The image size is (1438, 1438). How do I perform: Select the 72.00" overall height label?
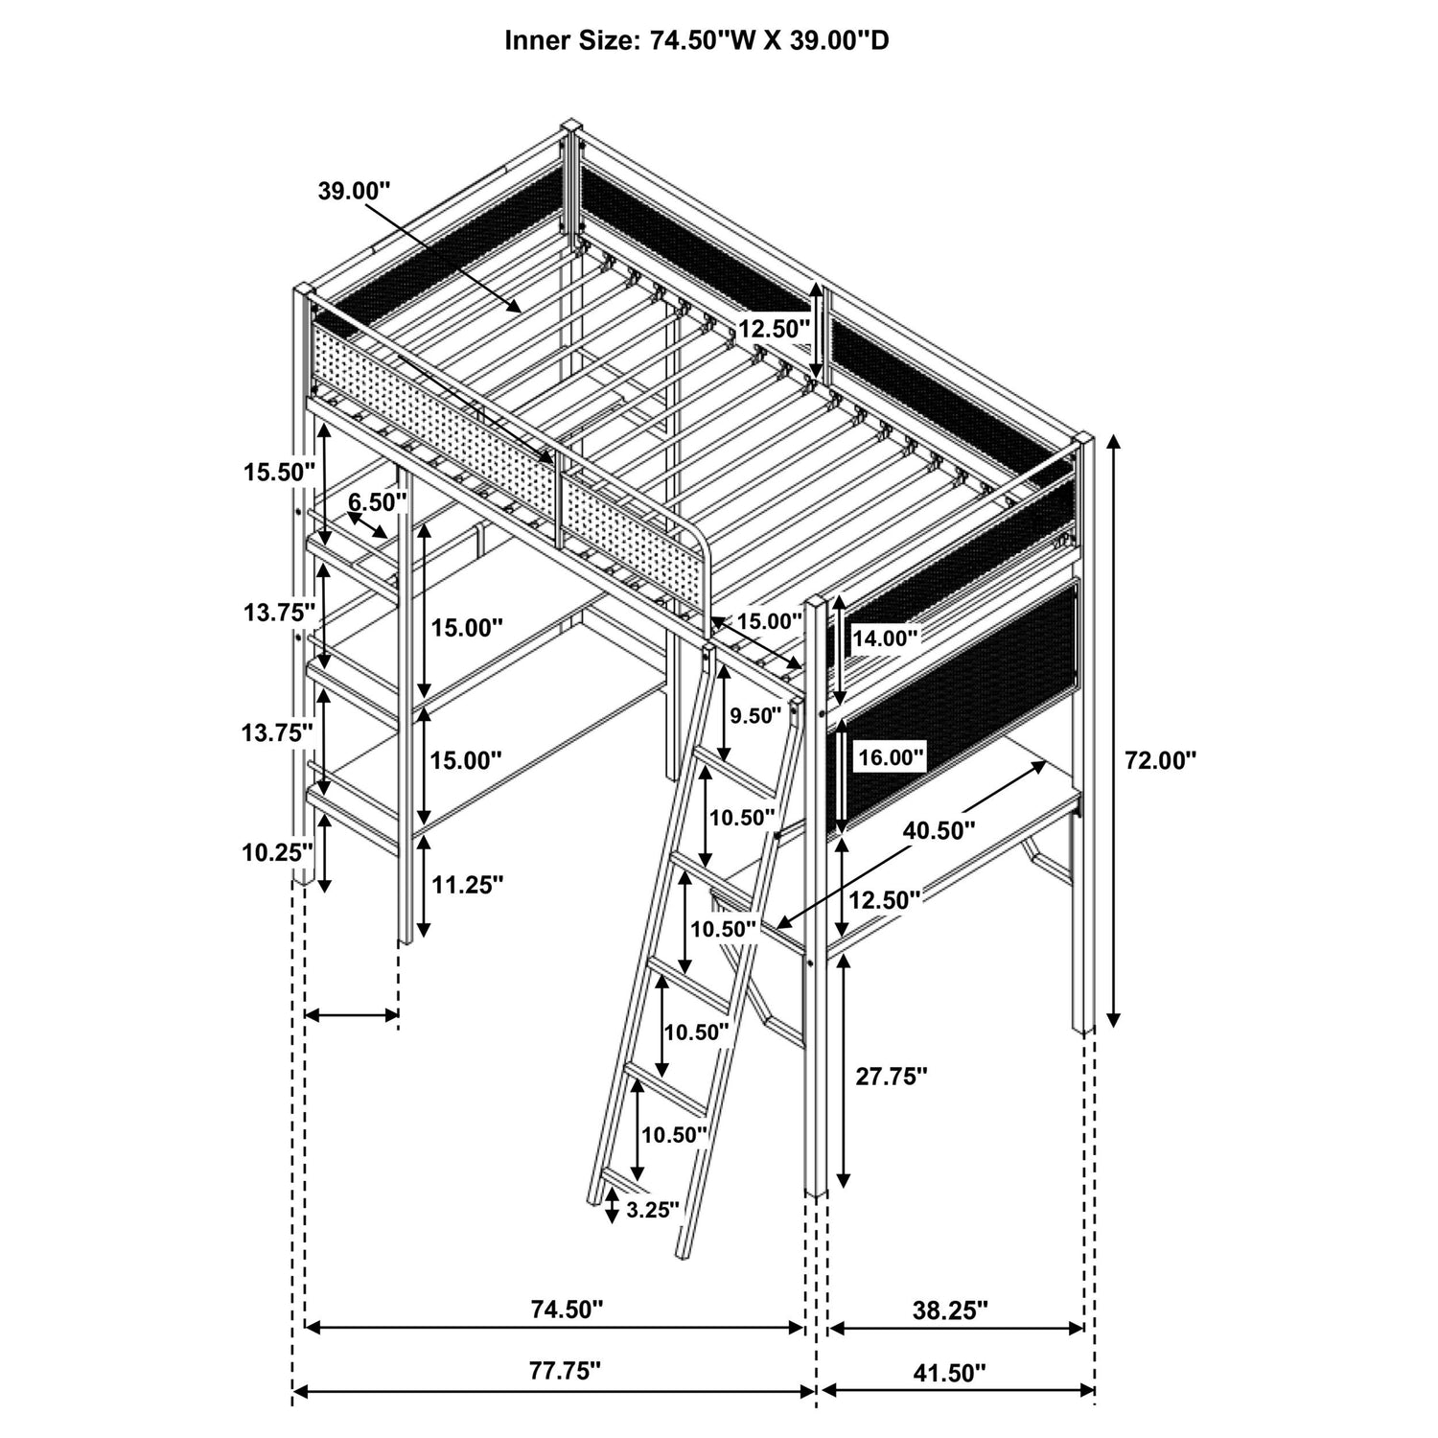(x=1161, y=760)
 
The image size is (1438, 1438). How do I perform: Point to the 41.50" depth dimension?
(x=949, y=1373)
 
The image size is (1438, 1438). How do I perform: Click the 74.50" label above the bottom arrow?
(x=568, y=1310)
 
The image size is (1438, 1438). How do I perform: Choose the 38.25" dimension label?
(x=951, y=1310)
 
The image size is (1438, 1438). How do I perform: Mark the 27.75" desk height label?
(x=892, y=1077)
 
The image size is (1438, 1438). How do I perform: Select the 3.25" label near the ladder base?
(x=653, y=1209)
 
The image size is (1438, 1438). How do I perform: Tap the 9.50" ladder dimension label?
(x=755, y=716)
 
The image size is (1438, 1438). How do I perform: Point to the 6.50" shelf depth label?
(x=378, y=500)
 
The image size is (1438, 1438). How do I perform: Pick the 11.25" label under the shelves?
(x=468, y=885)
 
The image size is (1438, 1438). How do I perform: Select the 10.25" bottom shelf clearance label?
(x=278, y=851)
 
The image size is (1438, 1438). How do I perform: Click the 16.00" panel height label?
(x=892, y=757)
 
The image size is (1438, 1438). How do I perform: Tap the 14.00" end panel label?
(x=886, y=637)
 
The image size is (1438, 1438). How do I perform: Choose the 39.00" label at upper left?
(x=355, y=190)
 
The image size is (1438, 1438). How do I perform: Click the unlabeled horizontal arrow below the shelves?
(x=351, y=1015)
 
